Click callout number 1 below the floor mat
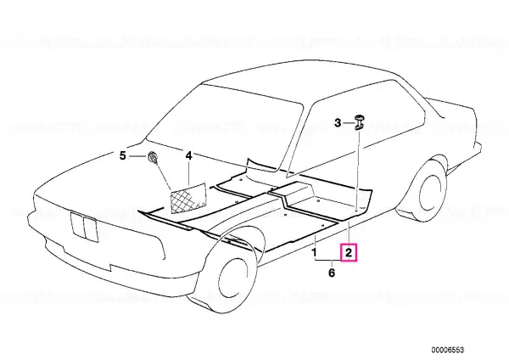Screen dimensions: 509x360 pyautogui.click(x=314, y=252)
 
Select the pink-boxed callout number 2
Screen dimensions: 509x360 pyautogui.click(x=349, y=252)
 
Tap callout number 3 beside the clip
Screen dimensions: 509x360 pyautogui.click(x=338, y=123)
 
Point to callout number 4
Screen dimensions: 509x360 pyautogui.click(x=188, y=155)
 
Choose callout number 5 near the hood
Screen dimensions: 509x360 pyautogui.click(x=122, y=156)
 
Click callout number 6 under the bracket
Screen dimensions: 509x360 pyautogui.click(x=331, y=273)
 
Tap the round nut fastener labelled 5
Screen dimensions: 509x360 pyautogui.click(x=153, y=157)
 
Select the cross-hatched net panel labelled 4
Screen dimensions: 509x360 pyautogui.click(x=188, y=199)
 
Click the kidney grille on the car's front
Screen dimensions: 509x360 pyautogui.click(x=84, y=227)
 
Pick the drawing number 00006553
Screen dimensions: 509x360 pyautogui.click(x=448, y=350)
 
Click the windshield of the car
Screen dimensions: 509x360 pyautogui.click(x=224, y=127)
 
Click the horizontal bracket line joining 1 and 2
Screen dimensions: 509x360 pyautogui.click(x=327, y=261)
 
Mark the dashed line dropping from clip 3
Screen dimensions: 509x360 pyautogui.click(x=358, y=169)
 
